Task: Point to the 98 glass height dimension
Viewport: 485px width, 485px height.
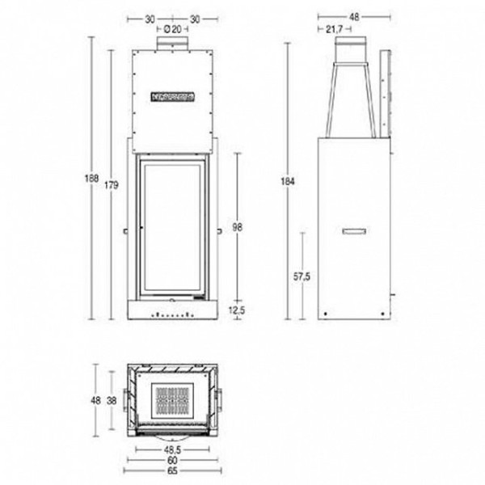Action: pyautogui.click(x=237, y=229)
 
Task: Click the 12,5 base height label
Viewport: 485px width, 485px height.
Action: pyautogui.click(x=237, y=309)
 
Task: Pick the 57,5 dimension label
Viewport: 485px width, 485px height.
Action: pyautogui.click(x=302, y=276)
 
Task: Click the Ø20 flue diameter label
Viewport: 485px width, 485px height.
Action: pyautogui.click(x=171, y=29)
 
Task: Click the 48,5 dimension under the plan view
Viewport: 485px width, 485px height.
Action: pyautogui.click(x=171, y=447)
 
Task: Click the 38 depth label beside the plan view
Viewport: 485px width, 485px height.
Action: pyautogui.click(x=114, y=400)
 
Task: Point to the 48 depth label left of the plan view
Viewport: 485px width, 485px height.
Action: pyautogui.click(x=95, y=400)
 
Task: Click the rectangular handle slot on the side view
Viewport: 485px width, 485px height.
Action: pyautogui.click(x=354, y=231)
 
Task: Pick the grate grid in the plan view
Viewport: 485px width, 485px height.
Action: pyautogui.click(x=171, y=399)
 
